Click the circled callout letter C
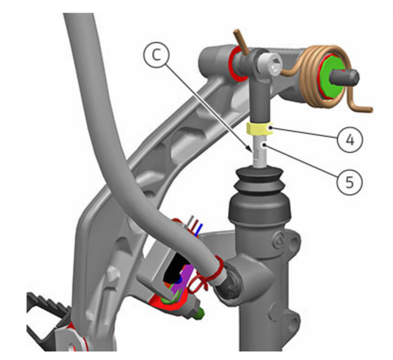pos(156,55)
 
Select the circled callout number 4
pos(350,140)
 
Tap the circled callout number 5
pos(349,182)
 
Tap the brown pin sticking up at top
pos(241,42)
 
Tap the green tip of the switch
pos(200,314)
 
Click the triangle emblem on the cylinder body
pos(278,241)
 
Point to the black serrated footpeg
pos(48,313)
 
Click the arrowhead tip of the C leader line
pos(252,152)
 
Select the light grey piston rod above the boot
pos(259,151)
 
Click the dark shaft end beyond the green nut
pos(345,77)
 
